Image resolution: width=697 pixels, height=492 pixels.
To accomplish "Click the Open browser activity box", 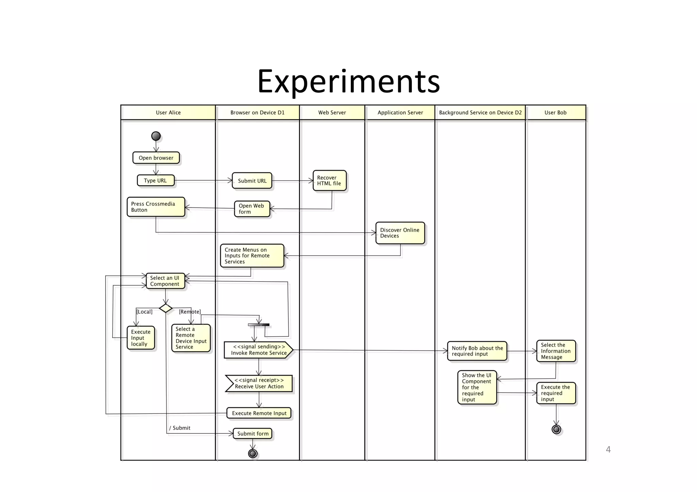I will [156, 158].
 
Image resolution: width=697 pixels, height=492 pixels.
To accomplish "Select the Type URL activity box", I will [156, 181].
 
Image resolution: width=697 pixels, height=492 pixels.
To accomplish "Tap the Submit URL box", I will [252, 181].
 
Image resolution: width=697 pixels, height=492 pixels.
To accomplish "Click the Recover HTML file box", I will [329, 181].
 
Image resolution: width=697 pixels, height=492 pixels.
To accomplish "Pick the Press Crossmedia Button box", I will [156, 207].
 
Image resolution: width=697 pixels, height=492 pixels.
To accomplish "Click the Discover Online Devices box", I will [400, 233].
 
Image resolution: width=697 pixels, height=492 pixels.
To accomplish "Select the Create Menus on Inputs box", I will [252, 256].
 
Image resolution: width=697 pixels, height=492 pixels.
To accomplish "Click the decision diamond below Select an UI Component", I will [166, 308].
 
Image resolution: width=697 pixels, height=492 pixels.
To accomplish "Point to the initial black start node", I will [156, 136].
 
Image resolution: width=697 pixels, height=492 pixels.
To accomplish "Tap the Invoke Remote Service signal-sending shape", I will [258, 350].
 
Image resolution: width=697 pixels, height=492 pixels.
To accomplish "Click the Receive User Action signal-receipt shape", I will [259, 384].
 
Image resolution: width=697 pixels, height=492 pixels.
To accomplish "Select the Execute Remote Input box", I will [259, 413].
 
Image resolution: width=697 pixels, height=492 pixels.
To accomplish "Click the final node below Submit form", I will [253, 454].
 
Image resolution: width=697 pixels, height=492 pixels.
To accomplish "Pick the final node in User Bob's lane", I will [556, 429].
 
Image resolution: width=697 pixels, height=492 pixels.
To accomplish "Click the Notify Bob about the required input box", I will [477, 351].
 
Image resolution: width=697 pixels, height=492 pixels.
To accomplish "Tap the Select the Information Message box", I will [556, 351].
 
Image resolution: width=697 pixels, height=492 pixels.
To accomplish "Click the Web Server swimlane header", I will [332, 113].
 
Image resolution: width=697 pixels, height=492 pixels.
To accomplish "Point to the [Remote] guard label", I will [190, 312].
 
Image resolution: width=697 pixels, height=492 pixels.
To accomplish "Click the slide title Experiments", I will [348, 82].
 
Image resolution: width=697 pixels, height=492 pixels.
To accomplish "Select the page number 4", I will [608, 449].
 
